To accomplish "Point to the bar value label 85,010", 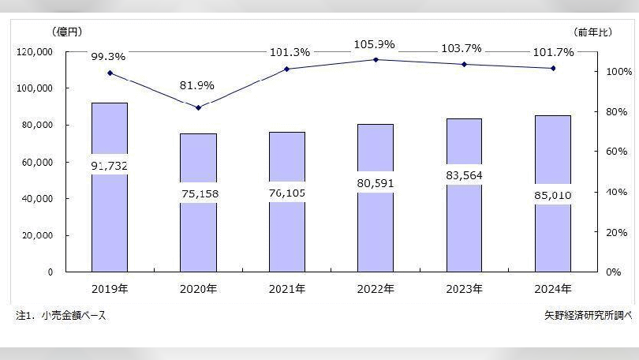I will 552,194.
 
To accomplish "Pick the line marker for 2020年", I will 199,107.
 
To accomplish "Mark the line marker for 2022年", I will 376,59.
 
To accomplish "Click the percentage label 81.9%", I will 197,85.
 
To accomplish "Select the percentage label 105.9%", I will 375,44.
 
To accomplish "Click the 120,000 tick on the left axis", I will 56,52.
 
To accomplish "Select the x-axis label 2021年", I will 287,290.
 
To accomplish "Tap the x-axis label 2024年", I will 552,290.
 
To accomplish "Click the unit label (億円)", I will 66,32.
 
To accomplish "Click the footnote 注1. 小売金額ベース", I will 61,316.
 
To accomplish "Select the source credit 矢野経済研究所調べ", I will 583,316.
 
